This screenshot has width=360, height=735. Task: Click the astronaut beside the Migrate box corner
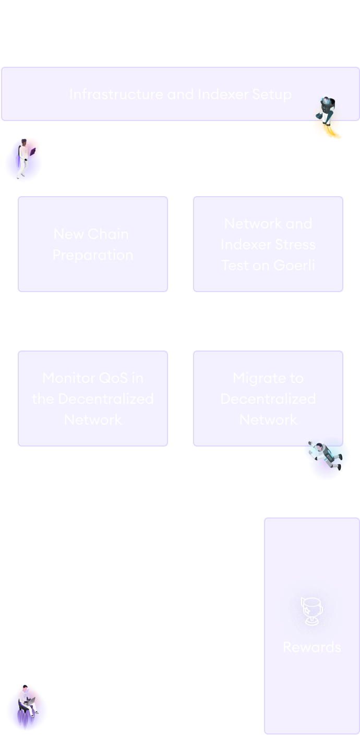point(326,457)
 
